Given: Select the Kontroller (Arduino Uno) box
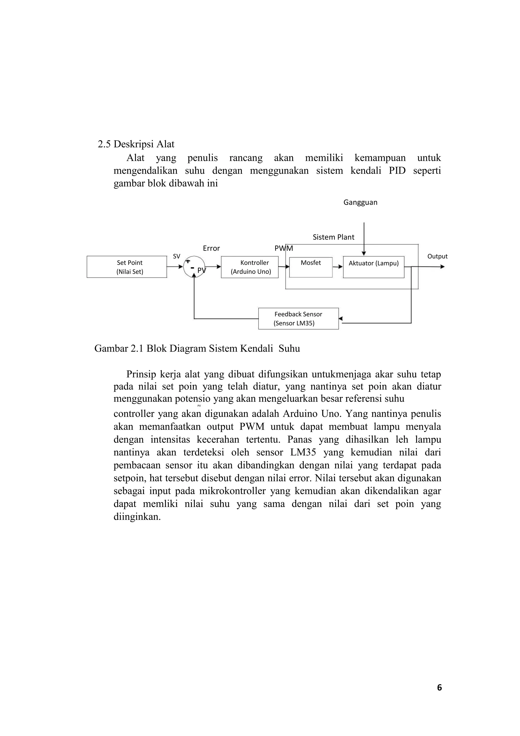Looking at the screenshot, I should point(250,267).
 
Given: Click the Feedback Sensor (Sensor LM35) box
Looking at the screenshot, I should point(298,319).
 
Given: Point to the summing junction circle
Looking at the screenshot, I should point(194,267).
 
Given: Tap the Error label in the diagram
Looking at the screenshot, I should point(211,248).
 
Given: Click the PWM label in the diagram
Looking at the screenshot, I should point(284,248).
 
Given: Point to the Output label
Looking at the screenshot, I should point(437,257).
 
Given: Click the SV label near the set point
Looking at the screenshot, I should point(176,257).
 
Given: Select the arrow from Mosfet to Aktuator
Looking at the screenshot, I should point(338,267).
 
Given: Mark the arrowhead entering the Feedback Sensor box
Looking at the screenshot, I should point(340,319).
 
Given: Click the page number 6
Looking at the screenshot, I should point(439,687).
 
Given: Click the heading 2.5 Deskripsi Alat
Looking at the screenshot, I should point(136,144).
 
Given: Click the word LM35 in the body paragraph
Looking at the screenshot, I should point(303,452).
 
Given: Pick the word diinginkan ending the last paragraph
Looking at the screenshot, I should point(137,517).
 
